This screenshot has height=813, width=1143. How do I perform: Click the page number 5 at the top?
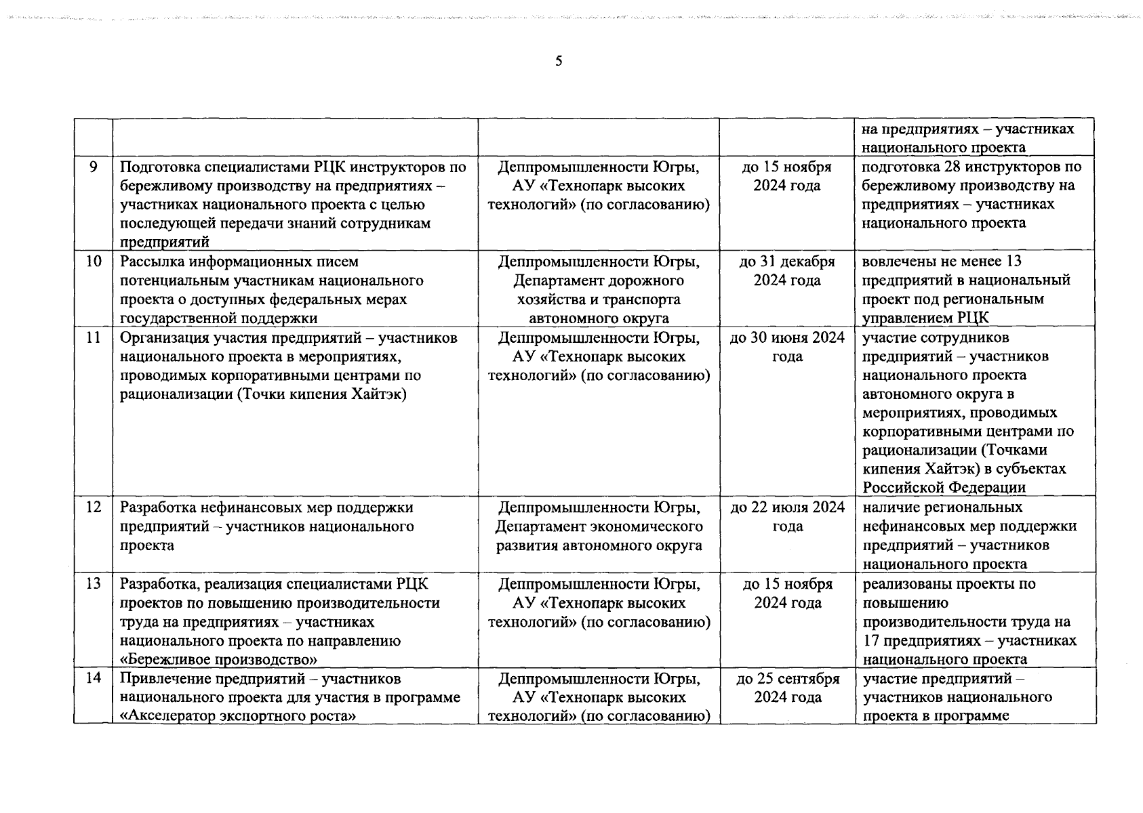click(559, 62)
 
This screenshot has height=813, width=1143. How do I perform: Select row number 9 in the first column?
click(94, 167)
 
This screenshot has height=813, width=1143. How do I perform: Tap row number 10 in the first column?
click(94, 262)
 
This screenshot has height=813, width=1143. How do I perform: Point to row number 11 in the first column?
click(94, 337)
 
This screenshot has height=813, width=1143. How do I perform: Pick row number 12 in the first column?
click(94, 507)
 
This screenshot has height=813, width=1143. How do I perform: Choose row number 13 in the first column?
click(94, 584)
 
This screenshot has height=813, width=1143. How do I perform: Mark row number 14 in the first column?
click(94, 679)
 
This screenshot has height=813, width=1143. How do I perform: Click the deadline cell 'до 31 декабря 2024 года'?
click(787, 271)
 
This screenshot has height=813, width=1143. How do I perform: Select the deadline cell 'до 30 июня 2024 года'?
click(787, 347)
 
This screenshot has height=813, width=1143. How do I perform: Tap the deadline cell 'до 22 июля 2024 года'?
click(787, 517)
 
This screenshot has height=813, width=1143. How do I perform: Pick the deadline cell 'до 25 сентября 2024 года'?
click(787, 688)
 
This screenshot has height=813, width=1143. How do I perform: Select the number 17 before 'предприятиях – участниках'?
click(871, 641)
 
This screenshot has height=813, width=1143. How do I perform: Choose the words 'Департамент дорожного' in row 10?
click(599, 280)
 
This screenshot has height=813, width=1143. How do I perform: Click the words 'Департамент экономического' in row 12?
click(599, 526)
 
